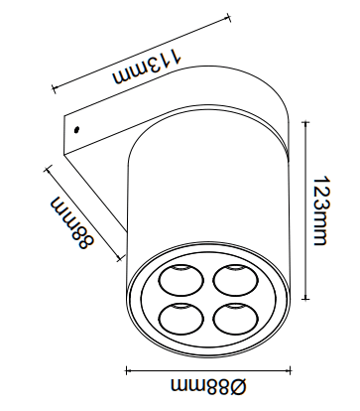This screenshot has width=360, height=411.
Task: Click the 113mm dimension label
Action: pyautogui.click(x=147, y=68)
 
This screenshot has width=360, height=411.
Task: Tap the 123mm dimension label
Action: pyautogui.click(x=321, y=210)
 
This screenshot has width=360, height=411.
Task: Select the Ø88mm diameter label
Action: pyautogui.click(x=209, y=386)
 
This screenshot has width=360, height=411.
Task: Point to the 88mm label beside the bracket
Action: pyautogui.click(x=72, y=223)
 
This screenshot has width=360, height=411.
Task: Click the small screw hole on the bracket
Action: pyautogui.click(x=76, y=129)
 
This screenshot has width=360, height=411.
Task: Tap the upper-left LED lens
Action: pyautogui.click(x=180, y=280)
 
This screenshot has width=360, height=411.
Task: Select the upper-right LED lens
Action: pyautogui.click(x=236, y=280)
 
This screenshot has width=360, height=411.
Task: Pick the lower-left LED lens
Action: pyautogui.click(x=180, y=318)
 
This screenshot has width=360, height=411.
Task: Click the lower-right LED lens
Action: pyautogui.click(x=236, y=318)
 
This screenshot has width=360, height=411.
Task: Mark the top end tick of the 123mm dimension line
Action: pyautogui.click(x=306, y=122)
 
